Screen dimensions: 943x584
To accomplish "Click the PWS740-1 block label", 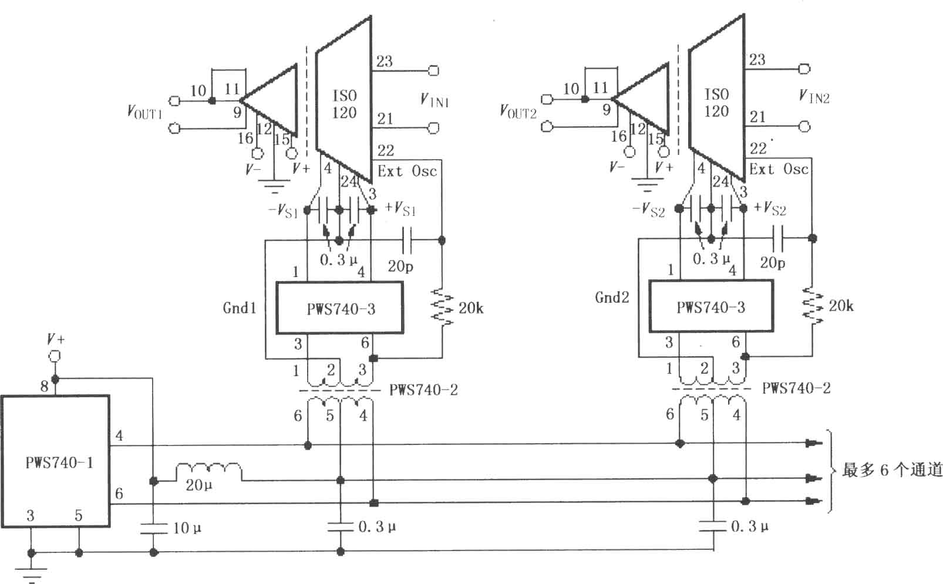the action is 59,463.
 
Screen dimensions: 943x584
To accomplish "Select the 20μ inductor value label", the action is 198,485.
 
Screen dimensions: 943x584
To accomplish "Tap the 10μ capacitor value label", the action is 187,528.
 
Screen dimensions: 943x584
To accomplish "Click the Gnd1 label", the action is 239,308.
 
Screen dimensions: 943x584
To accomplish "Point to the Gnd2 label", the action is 612,298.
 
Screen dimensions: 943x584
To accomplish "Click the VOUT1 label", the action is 144,112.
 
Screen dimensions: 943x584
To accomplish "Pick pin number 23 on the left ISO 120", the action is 384,62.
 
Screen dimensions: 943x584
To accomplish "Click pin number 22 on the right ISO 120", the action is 758,148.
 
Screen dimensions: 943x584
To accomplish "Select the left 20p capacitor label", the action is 400,266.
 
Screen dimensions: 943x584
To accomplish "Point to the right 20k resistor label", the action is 841,306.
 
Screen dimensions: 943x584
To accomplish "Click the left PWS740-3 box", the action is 340,308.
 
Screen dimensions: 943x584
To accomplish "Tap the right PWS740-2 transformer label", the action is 796,388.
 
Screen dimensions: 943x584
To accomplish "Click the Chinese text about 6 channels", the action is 892,470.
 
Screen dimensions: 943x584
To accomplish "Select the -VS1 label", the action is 284,210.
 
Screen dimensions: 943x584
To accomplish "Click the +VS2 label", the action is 770,208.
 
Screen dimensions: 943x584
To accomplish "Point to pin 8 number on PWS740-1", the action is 44,386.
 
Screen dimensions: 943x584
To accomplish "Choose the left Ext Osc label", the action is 407,171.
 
